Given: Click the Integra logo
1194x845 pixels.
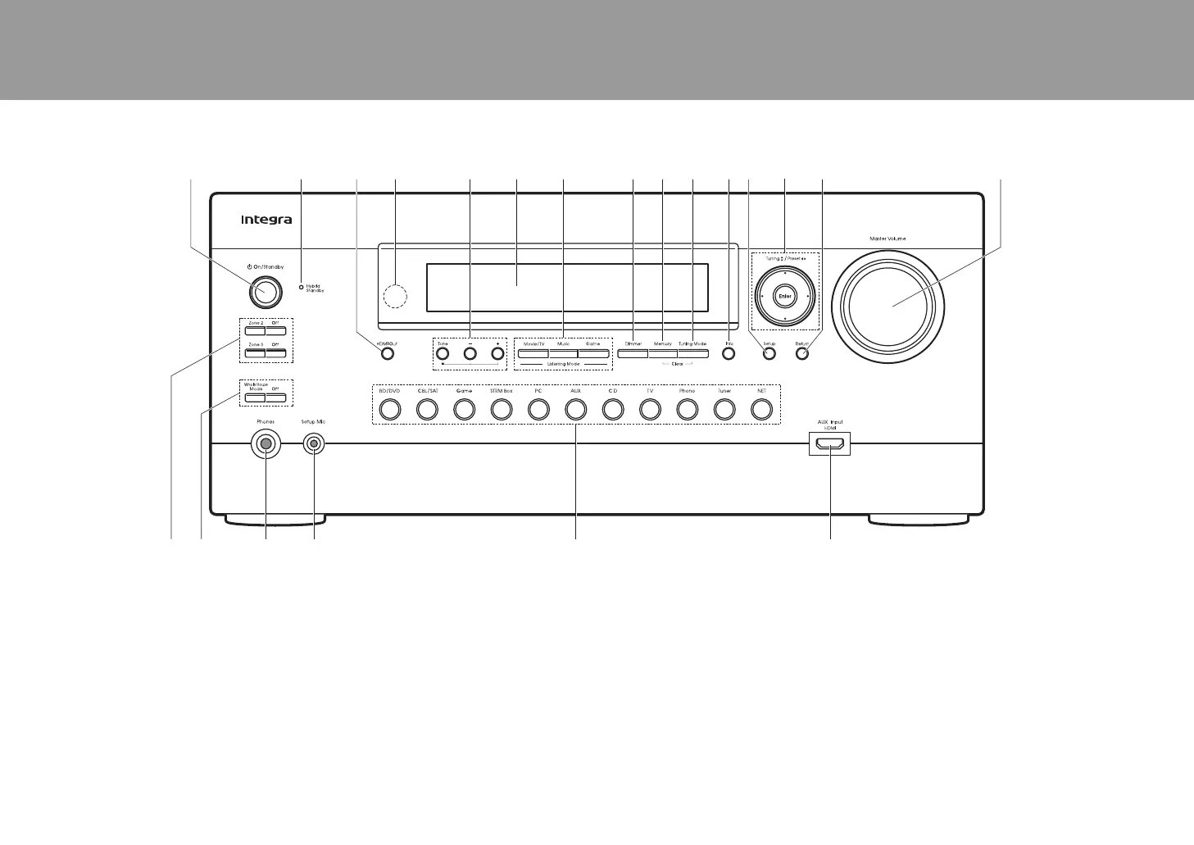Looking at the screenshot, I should click(266, 220).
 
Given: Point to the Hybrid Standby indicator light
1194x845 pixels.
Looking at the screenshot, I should click(301, 287).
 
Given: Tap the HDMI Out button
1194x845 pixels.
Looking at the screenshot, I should click(388, 354).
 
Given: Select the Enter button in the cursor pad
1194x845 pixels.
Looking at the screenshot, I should click(785, 296).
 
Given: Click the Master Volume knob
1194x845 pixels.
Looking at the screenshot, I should click(888, 304).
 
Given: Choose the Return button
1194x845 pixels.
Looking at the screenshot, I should click(802, 354).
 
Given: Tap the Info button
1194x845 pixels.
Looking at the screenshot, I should click(729, 354).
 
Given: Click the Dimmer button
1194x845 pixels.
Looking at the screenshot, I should click(633, 354).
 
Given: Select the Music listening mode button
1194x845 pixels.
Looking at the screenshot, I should click(563, 354).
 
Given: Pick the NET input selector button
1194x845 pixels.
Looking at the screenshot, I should click(761, 408).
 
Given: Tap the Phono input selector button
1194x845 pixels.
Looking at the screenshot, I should click(687, 408).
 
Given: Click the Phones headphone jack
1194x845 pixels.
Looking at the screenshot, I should click(266, 444).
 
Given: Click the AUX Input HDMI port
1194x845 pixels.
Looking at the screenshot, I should click(830, 445).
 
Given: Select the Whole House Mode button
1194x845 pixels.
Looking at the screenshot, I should click(255, 398).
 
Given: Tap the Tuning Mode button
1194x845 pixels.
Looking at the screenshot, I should click(692, 354).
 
